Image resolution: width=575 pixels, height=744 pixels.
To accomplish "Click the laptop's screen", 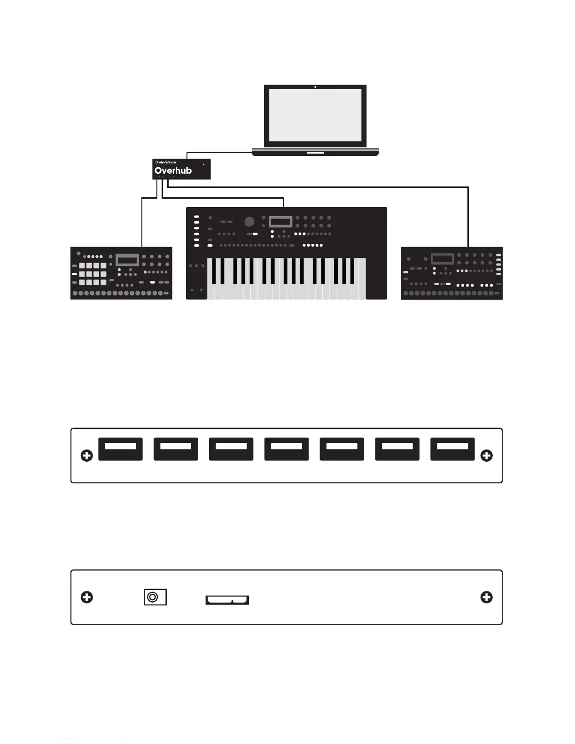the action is (x=315, y=115).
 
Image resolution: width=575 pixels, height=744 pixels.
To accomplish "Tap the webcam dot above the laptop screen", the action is (x=315, y=87).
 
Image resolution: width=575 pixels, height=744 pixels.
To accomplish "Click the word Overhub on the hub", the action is (x=173, y=170).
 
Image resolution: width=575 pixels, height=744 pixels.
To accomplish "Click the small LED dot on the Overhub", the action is (x=204, y=164).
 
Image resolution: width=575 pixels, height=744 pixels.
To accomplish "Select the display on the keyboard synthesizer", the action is (x=280, y=221).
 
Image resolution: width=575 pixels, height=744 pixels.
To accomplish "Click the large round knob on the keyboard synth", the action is (x=249, y=222).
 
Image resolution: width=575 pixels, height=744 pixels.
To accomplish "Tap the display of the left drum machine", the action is (x=127, y=260).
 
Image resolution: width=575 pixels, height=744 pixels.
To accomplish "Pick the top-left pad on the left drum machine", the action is (x=82, y=266).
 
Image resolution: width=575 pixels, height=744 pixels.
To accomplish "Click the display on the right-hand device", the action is (x=442, y=259).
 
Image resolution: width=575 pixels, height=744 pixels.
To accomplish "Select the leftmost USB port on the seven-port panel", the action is (x=120, y=449).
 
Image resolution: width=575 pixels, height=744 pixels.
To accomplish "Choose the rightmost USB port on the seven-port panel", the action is (x=452, y=449).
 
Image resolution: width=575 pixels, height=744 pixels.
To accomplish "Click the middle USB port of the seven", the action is (x=287, y=449).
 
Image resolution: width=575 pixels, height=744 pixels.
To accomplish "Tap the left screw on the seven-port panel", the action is (x=87, y=456).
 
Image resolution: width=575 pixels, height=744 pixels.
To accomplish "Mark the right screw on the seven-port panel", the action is (x=487, y=456).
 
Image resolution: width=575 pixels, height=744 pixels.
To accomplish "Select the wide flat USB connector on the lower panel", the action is (x=227, y=600).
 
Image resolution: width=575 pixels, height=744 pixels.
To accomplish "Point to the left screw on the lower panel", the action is (x=87, y=597).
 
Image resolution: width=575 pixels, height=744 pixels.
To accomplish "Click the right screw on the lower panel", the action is (x=487, y=597).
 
